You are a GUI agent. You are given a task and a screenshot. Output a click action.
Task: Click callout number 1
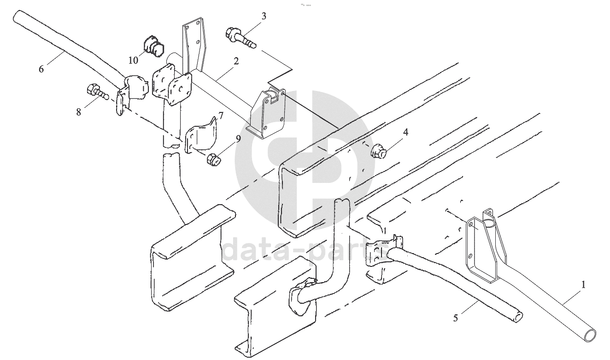[583, 285]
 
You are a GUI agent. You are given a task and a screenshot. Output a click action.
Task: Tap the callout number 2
[236, 61]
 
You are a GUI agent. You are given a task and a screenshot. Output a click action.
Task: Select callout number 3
[264, 16]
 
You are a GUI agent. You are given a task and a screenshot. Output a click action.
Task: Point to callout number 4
[405, 132]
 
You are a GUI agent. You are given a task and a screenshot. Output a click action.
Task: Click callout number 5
[456, 318]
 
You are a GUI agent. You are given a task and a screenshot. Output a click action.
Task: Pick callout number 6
[41, 69]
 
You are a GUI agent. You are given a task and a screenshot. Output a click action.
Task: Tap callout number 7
[221, 116]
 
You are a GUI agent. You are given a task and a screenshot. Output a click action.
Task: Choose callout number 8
[79, 112]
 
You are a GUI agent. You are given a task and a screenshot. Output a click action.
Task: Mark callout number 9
[238, 139]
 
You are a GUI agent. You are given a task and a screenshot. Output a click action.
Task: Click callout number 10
[134, 60]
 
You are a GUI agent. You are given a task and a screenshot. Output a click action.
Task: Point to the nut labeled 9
[213, 160]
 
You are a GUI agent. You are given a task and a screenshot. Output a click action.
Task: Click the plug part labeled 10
[153, 47]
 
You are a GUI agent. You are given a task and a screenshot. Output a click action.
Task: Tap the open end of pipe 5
[519, 317]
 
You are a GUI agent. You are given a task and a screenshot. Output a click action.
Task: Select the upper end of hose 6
[18, 16]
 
